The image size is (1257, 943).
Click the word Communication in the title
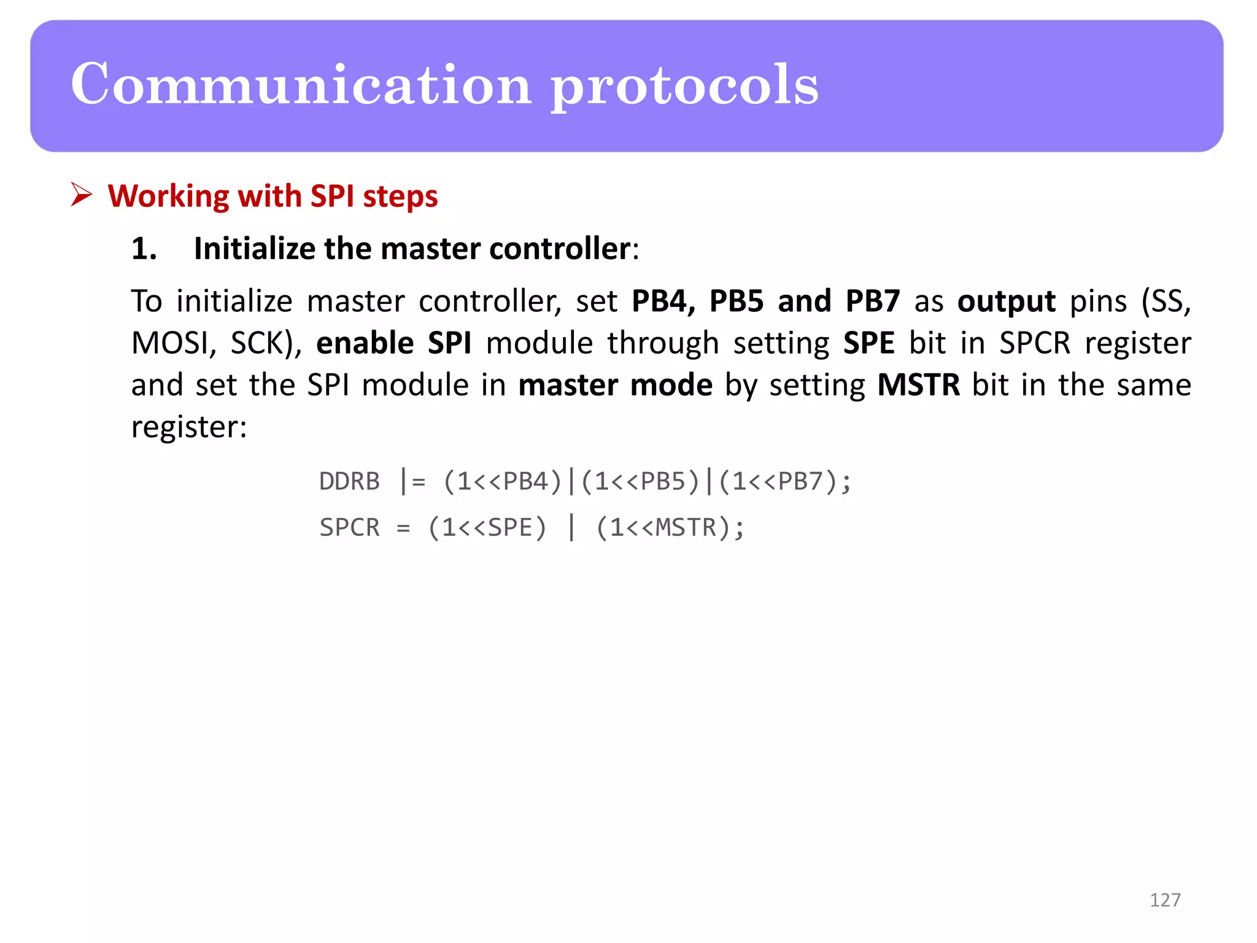[x=301, y=85]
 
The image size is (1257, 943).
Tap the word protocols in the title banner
[x=684, y=86]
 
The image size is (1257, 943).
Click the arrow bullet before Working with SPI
[x=81, y=195]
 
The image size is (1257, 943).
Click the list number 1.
[x=144, y=249]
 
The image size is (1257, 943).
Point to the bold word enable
[x=365, y=343]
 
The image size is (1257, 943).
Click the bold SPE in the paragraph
[x=868, y=343]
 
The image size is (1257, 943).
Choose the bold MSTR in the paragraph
[x=918, y=386]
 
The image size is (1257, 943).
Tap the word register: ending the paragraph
[x=189, y=427]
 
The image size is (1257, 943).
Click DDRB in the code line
[x=349, y=481]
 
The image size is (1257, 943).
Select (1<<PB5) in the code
[x=640, y=481]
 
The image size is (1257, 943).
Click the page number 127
[x=1164, y=900]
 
